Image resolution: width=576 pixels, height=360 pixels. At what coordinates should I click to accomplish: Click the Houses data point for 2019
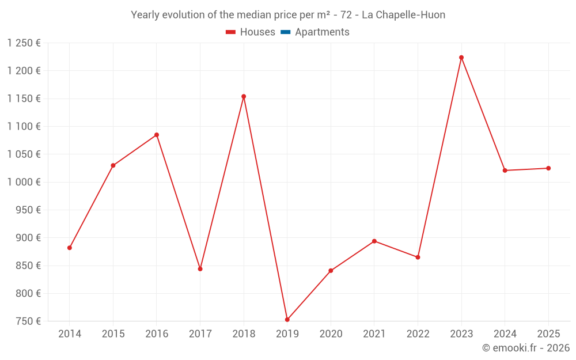[x=287, y=320]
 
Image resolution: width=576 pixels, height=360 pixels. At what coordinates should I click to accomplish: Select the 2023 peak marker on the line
[x=461, y=58]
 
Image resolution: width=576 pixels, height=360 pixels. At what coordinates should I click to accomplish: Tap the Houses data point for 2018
[x=244, y=97]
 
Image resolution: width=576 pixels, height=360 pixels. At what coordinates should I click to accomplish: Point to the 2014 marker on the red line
[x=70, y=248]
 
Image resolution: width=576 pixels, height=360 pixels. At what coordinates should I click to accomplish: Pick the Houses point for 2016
[x=157, y=135]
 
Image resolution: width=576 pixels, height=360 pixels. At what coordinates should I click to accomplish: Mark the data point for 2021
[x=374, y=241]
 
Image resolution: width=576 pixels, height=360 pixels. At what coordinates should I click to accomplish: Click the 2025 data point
[x=548, y=168]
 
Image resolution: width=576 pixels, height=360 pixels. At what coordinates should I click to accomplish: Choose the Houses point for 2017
[x=200, y=269]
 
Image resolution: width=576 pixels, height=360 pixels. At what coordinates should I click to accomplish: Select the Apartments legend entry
[x=321, y=32]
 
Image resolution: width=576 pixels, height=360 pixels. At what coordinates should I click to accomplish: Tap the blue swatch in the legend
[x=286, y=32]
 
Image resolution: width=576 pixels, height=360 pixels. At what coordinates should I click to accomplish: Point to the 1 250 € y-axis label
[x=24, y=43]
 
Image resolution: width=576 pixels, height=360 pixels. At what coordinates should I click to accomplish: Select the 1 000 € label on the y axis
[x=24, y=182]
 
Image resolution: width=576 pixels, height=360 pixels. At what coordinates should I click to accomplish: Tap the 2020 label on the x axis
[x=331, y=334]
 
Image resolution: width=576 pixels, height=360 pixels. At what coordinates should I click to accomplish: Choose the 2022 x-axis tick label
[x=418, y=334]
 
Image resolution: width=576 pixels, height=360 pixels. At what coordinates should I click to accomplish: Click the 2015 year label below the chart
[x=113, y=334]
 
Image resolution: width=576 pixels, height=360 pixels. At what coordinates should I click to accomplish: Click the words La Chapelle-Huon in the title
[x=403, y=15]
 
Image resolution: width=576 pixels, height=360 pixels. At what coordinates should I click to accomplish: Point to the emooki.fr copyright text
[x=525, y=348]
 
